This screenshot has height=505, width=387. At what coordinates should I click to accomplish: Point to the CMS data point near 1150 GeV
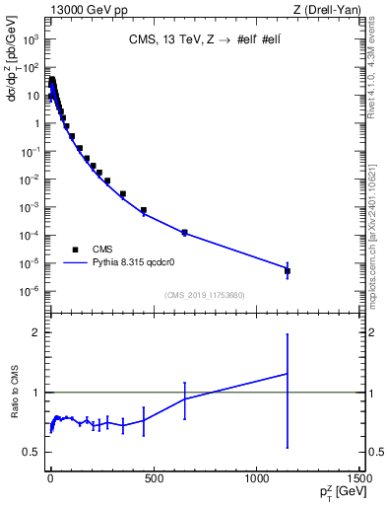288,270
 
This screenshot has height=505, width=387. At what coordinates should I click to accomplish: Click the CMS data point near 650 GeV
184,233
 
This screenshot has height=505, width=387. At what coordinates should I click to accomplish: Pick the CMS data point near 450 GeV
144,210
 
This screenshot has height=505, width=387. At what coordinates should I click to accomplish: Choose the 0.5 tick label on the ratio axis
32,453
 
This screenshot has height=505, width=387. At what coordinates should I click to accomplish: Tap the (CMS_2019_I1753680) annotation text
204,295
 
